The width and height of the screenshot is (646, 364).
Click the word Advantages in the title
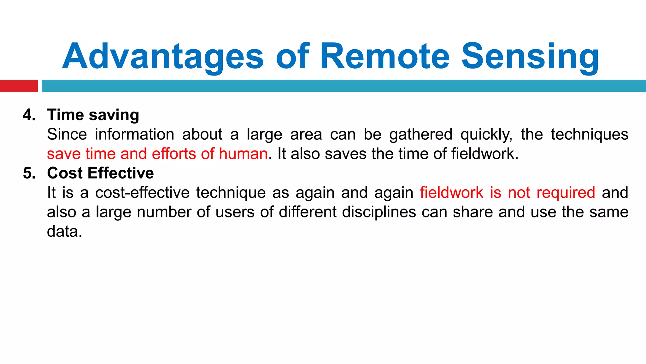click(162, 57)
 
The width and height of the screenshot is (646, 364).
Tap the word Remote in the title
click(385, 57)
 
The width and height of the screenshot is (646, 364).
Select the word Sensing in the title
click(530, 57)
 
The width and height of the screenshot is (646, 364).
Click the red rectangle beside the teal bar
click(19, 86)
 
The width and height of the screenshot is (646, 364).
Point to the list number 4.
click(29, 115)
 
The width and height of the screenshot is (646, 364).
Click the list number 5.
click(29, 173)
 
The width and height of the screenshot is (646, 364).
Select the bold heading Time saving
click(93, 115)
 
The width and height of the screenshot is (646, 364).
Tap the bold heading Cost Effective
click(100, 173)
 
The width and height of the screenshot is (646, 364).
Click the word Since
click(67, 134)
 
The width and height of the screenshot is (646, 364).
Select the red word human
click(243, 154)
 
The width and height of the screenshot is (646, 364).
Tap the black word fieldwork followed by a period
click(484, 154)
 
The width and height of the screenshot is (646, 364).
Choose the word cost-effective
click(142, 193)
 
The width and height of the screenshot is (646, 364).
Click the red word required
click(566, 193)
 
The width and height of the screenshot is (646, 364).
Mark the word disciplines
click(379, 212)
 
